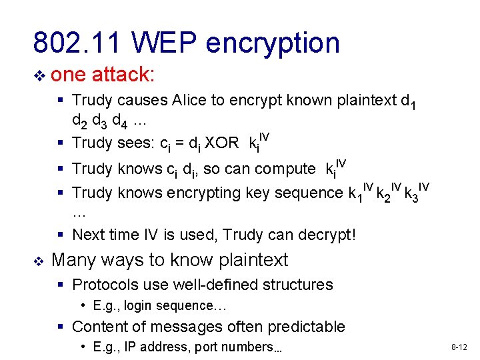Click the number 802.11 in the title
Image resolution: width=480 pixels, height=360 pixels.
pos(77,43)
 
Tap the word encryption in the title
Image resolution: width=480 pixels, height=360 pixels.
pos(273,43)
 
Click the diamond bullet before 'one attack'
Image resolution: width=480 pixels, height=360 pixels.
pos(39,75)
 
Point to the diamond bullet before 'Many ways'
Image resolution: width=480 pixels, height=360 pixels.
pos(39,260)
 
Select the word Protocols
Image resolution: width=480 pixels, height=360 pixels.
pos(101,285)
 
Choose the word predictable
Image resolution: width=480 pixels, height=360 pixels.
pos(306,327)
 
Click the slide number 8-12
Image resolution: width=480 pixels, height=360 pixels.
pos(459,347)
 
